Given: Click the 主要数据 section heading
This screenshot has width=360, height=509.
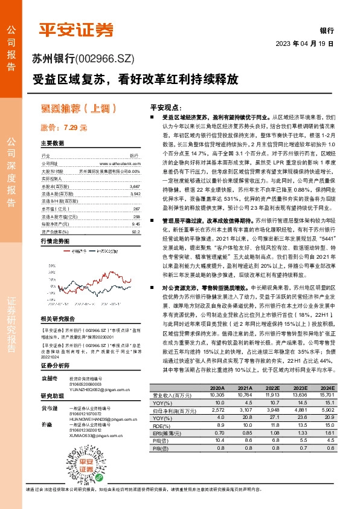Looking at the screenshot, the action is click(53, 144).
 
